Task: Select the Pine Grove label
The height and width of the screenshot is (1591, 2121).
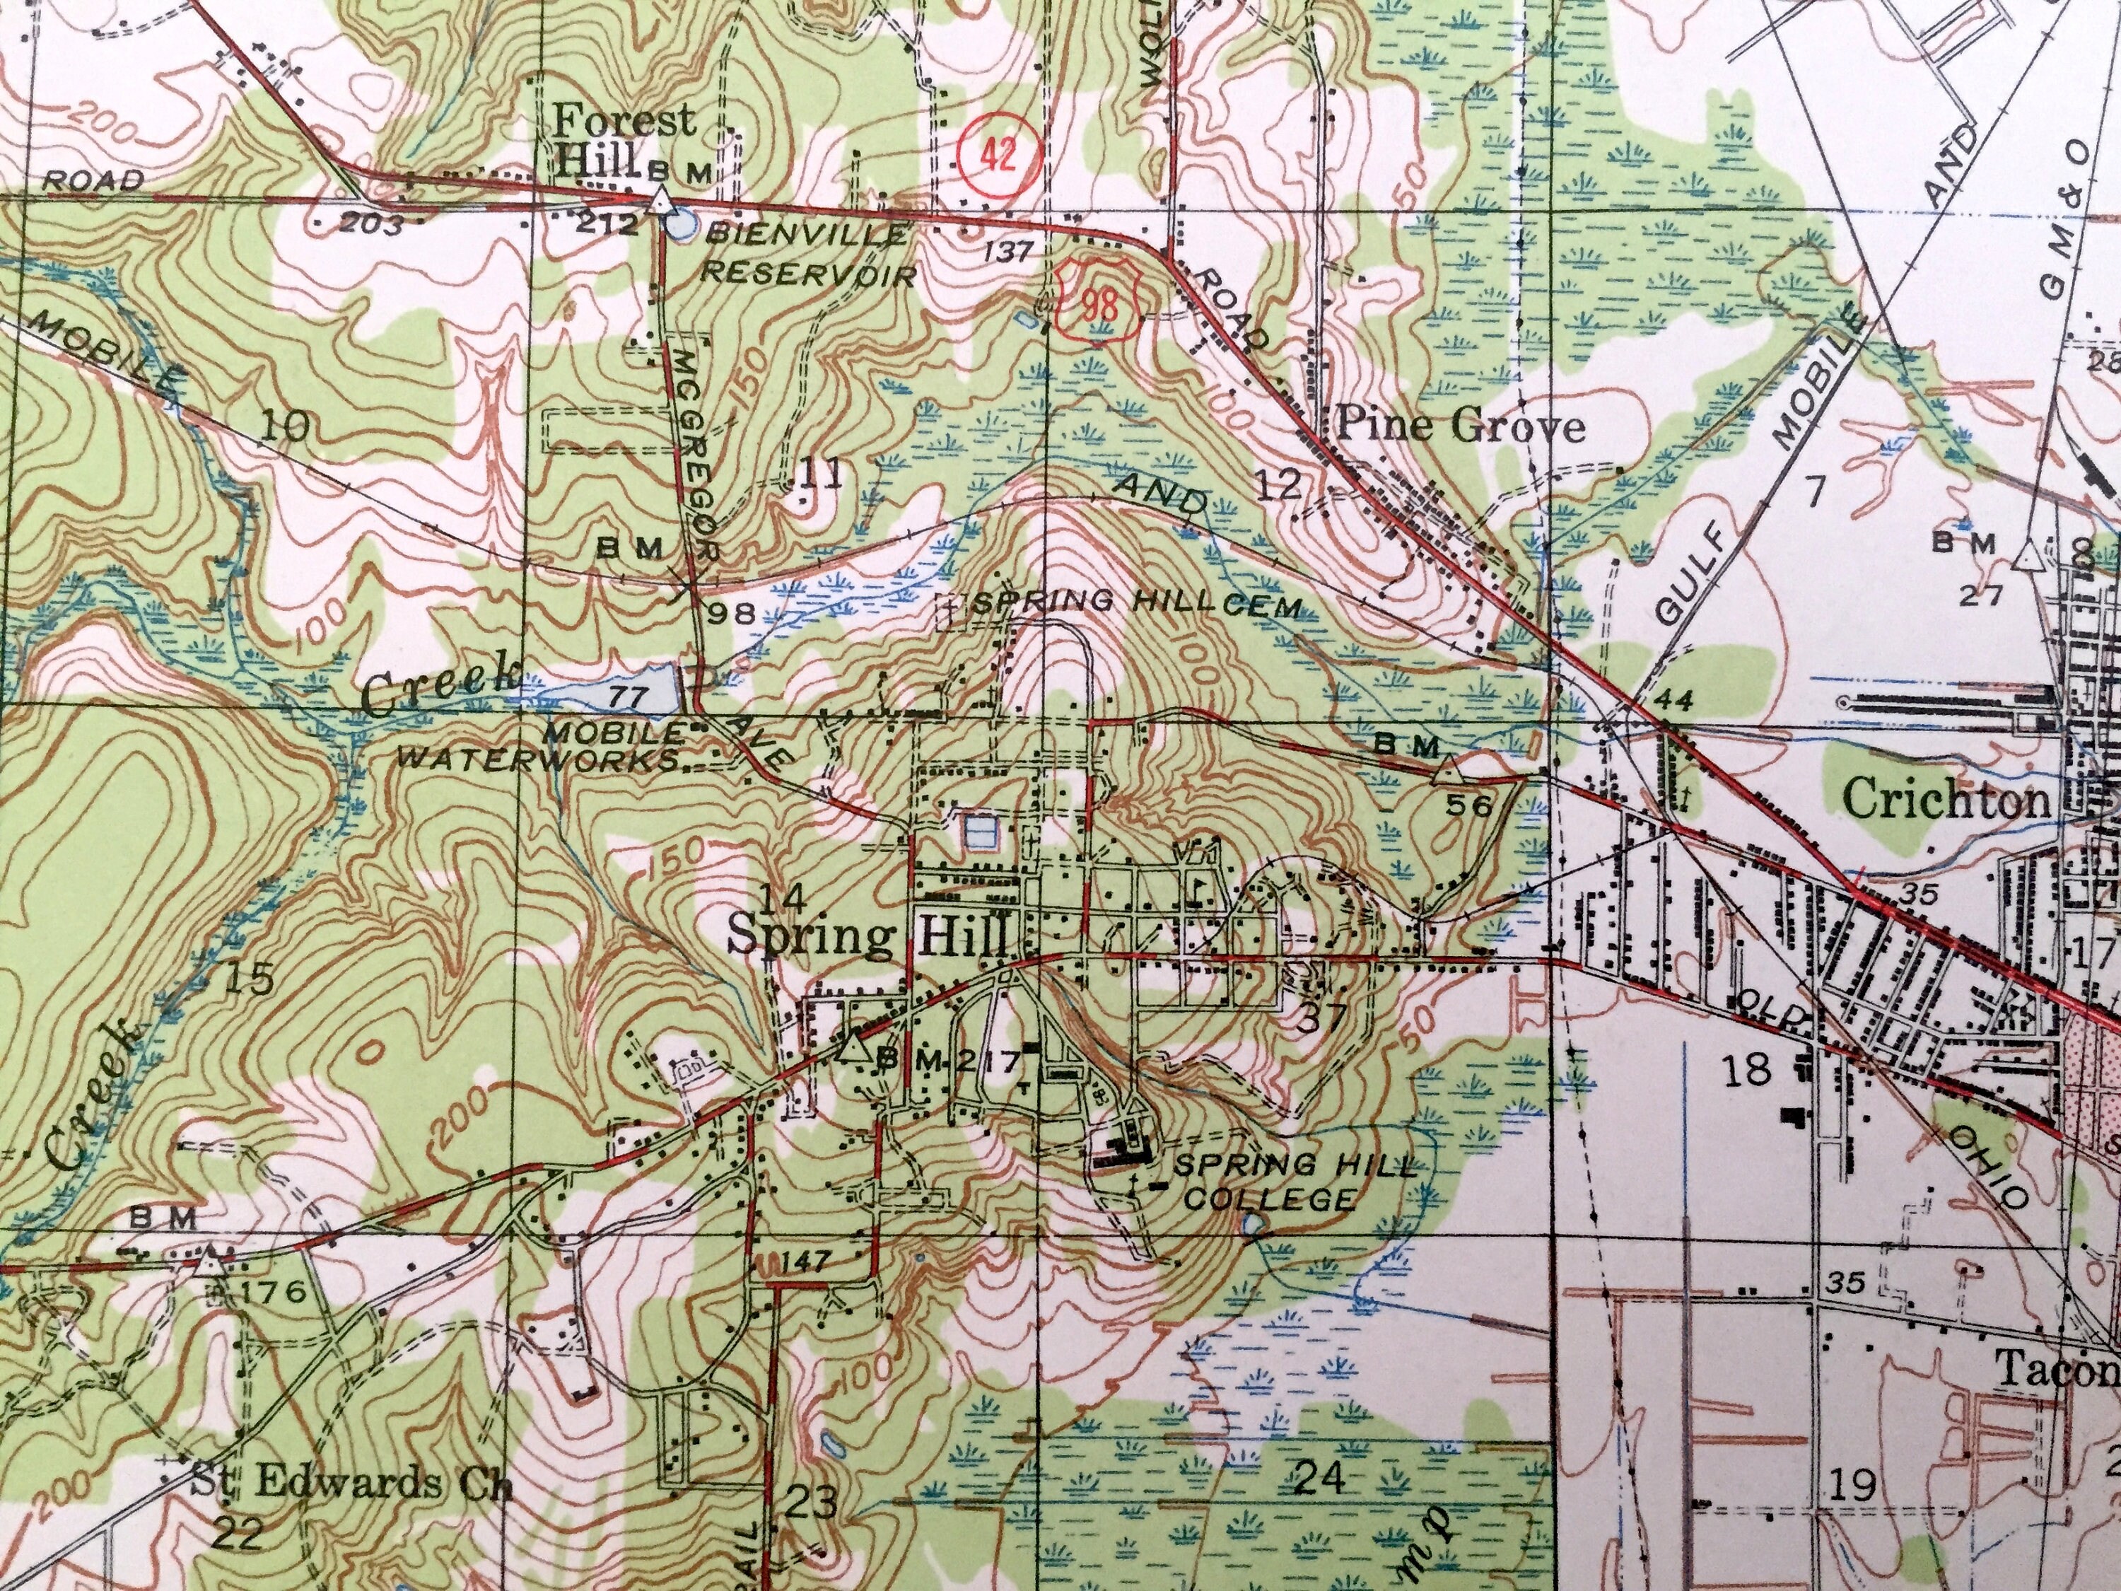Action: pos(1461,426)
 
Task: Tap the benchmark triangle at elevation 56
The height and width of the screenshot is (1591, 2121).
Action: pos(1448,772)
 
